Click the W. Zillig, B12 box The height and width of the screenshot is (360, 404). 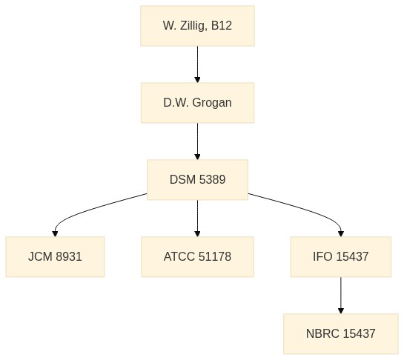pos(198,26)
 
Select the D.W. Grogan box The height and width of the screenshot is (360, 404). pos(198,103)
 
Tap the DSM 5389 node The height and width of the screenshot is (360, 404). pos(198,180)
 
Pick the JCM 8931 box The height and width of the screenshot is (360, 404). pos(55,257)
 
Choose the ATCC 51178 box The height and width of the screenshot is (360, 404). pos(198,257)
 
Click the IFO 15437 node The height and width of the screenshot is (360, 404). pos(341,257)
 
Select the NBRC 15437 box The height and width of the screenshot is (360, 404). pos(341,334)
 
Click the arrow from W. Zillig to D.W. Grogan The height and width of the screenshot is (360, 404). pos(198,64)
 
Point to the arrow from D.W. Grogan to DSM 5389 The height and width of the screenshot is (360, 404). pos(198,141)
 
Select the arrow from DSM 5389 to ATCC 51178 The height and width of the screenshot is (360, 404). pos(198,219)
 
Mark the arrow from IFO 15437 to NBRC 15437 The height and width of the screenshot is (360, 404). pos(341,296)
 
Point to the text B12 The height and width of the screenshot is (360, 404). pos(222,25)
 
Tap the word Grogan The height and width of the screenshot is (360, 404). pos(212,103)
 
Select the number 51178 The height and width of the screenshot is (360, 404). pos(215,256)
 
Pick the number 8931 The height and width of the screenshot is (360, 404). pos(69,256)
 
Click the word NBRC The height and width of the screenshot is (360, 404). pos(322,333)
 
